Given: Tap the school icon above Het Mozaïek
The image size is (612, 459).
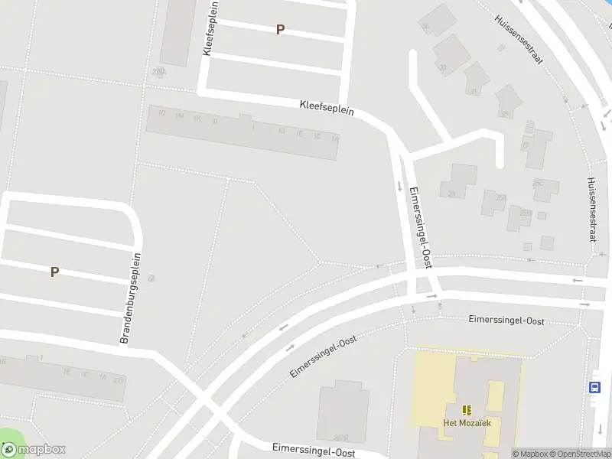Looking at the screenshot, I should pos(466,410).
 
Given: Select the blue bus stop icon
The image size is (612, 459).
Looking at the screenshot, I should pos(595,387).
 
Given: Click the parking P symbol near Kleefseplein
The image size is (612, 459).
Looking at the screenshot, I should pos(280,30).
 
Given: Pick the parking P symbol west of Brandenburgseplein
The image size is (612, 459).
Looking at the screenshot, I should pos(54,272).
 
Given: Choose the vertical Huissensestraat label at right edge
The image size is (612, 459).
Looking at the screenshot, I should pos(591,209).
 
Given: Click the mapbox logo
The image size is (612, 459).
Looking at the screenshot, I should pos(34,450).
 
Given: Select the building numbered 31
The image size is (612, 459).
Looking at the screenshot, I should pos(476,79).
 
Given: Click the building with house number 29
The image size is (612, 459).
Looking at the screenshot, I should pos(506,101).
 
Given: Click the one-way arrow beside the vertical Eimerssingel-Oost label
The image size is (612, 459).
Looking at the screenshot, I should pos(399,185).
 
